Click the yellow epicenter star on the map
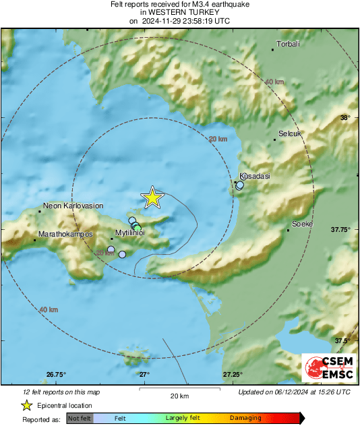tap(153, 197)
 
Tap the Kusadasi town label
tap(255, 176)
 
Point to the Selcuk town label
tap(290, 133)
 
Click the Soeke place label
tap(301, 223)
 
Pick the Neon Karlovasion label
tap(72, 206)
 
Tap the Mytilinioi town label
tap(131, 233)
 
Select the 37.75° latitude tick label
tap(340, 229)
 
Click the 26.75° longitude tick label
tap(56, 374)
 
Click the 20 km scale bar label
tap(179, 396)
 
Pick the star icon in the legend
tap(27, 405)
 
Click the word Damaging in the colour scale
tap(245, 418)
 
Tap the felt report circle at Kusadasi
tap(239, 185)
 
